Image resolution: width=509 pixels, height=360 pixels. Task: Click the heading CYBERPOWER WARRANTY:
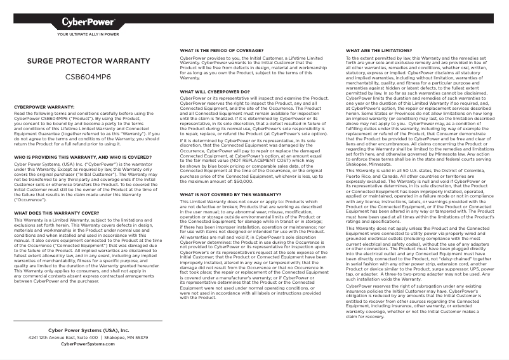44,107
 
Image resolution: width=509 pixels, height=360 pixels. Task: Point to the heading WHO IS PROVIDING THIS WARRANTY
83,156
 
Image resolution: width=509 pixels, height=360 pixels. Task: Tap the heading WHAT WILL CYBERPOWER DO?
215,92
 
